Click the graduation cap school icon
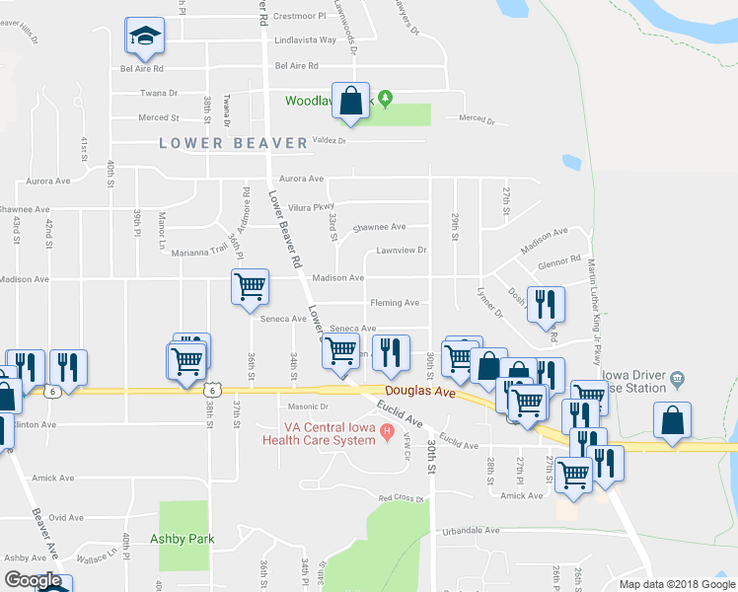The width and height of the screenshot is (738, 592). point(145,37)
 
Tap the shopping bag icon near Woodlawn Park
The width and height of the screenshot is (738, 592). point(350,101)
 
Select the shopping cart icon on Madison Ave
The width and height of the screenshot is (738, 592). point(250,287)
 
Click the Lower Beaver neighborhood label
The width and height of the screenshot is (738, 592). point(234,143)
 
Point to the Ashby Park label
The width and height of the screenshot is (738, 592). point(183,539)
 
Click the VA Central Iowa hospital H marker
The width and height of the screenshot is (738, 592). point(387,431)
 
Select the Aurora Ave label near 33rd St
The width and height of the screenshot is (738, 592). point(302,179)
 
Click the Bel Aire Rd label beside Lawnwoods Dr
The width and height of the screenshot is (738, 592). point(297,66)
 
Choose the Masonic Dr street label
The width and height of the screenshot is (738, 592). point(308,407)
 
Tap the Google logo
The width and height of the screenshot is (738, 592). point(33,581)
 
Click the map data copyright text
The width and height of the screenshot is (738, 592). point(677,584)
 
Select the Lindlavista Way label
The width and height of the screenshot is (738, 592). point(306,40)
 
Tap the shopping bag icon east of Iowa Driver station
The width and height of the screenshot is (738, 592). point(672,419)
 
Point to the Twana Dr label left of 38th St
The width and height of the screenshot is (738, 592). point(158,93)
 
